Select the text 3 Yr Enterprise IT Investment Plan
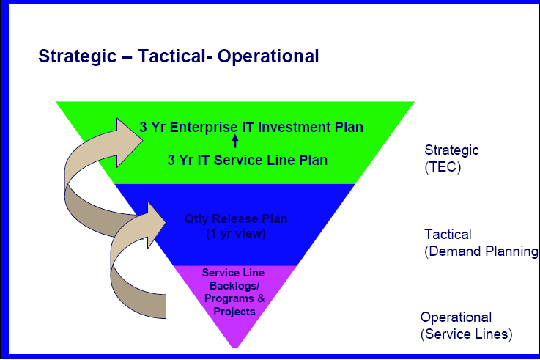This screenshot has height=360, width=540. (251, 127)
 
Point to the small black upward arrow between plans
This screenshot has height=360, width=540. (235, 141)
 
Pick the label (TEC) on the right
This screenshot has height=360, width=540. (443, 166)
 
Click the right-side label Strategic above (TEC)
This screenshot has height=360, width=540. (451, 150)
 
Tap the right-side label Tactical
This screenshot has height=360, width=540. (448, 235)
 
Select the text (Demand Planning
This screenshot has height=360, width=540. (481, 252)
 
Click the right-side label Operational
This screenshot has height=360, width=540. (456, 317)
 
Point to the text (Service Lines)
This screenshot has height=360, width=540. (466, 334)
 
